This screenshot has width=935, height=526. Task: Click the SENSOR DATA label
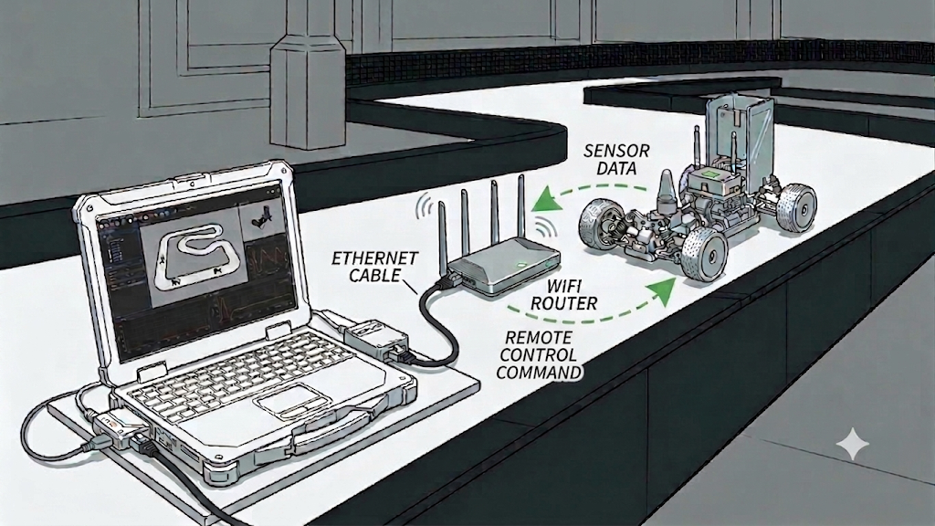click(x=616, y=160)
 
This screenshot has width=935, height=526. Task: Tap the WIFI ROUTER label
click(x=563, y=295)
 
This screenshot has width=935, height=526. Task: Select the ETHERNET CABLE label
click(x=375, y=267)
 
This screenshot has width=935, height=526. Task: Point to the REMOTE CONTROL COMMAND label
click(x=539, y=355)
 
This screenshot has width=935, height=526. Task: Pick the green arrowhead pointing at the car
click(x=661, y=291)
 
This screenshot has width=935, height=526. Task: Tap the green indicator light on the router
click(x=521, y=266)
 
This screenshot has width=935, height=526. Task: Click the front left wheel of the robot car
click(x=705, y=253)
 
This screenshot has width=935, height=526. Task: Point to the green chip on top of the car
click(x=710, y=174)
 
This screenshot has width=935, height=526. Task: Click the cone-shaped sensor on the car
click(x=666, y=191)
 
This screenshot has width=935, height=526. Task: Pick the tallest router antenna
click(x=521, y=206)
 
